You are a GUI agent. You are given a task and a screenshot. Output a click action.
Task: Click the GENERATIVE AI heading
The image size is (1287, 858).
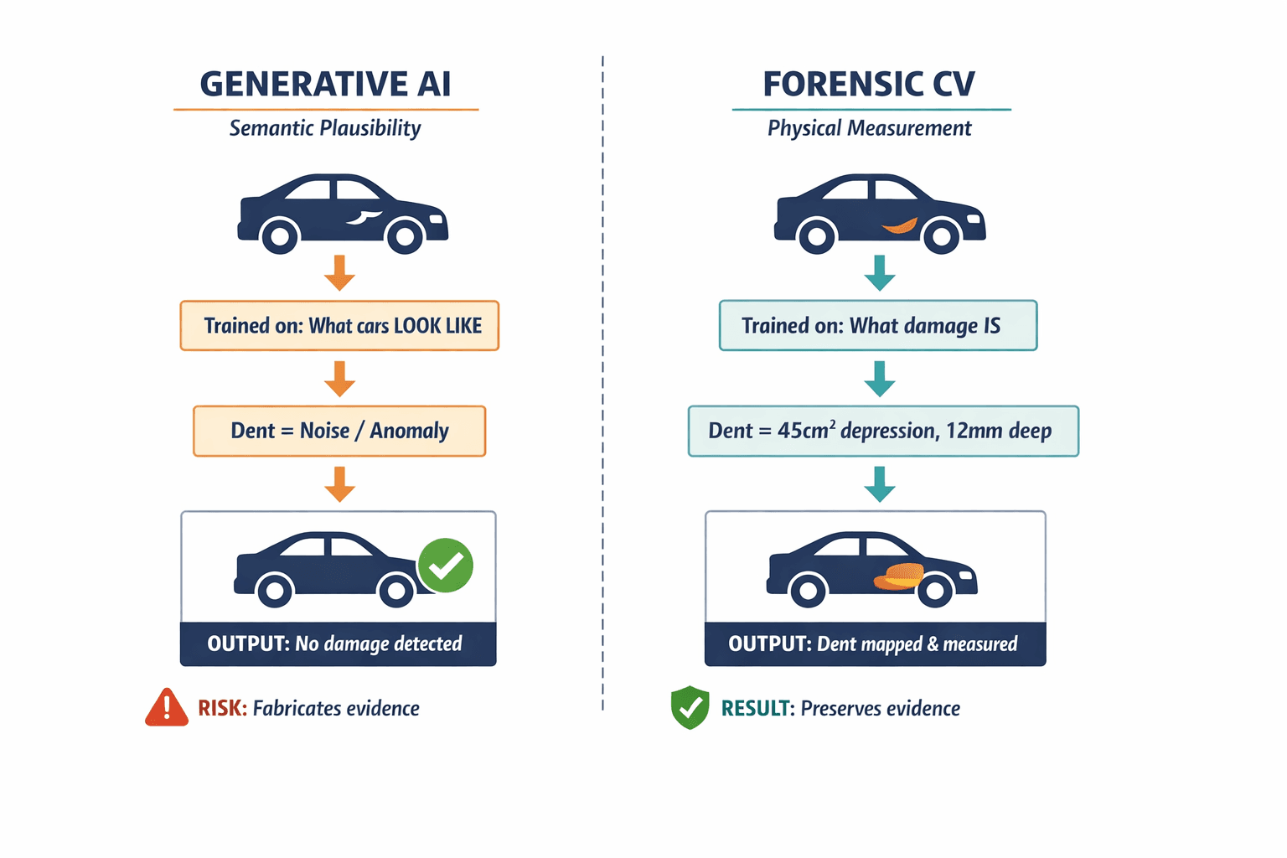point(325,85)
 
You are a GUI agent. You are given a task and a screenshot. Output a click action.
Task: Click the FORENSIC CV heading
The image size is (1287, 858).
point(869,85)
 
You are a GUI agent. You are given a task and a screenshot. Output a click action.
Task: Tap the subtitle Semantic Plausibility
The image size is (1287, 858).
point(325,128)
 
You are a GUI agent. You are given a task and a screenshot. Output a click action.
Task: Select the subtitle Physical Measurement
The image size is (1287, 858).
point(869,128)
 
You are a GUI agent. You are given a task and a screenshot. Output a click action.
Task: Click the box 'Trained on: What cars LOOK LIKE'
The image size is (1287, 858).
point(339,325)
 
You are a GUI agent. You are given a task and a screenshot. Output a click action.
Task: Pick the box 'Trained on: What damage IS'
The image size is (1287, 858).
point(878,325)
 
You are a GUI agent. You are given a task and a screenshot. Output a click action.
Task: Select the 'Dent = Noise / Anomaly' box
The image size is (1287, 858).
point(339,431)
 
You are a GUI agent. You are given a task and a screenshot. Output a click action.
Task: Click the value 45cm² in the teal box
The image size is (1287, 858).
point(806,431)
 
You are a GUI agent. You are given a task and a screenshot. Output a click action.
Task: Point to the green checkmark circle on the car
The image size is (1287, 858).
point(446,566)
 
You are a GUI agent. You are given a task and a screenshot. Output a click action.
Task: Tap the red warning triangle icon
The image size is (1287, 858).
point(167,708)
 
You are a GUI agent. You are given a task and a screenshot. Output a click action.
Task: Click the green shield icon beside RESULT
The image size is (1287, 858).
point(690,707)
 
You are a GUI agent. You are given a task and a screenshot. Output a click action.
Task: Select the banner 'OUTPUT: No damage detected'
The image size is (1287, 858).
point(338,643)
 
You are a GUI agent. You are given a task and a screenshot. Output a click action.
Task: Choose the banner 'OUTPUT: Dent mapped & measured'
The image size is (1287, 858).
point(875,643)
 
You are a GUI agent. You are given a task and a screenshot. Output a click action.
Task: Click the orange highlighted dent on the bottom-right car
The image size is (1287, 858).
point(898,576)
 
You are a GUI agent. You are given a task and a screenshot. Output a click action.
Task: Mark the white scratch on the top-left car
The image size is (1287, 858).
point(364,217)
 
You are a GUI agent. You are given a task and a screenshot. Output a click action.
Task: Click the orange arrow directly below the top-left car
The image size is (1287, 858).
point(339,272)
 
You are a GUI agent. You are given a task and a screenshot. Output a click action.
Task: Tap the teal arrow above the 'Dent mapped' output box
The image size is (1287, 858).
point(879,484)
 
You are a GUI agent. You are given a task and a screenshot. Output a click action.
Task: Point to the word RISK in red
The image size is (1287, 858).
point(222,708)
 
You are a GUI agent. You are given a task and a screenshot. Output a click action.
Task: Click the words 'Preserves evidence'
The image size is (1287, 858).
point(880,708)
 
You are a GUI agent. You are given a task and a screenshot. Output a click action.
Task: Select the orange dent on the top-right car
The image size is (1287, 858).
point(900,225)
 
